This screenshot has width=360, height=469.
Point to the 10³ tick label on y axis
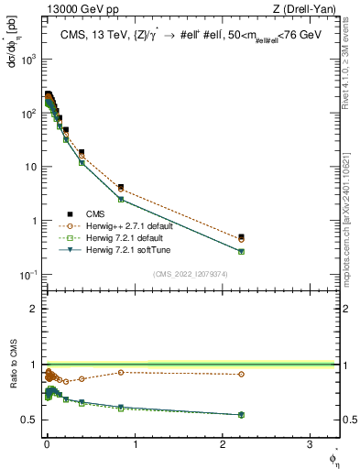click(x=27, y=59)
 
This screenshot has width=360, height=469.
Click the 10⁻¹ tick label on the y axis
click(x=27, y=275)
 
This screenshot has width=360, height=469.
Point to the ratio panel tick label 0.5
click(x=29, y=420)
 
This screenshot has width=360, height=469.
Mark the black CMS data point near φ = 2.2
click(x=241, y=237)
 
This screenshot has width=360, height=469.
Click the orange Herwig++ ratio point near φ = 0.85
click(x=121, y=372)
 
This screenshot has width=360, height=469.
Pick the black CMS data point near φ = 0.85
click(x=121, y=187)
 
